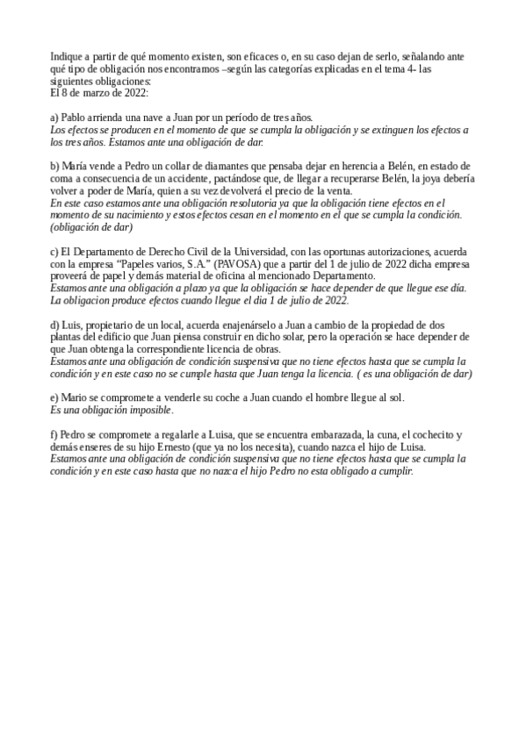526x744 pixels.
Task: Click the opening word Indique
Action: pyautogui.click(x=67, y=56)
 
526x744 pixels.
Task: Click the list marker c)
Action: pyautogui.click(x=54, y=252)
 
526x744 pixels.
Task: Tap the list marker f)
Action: pyautogui.click(x=54, y=434)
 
